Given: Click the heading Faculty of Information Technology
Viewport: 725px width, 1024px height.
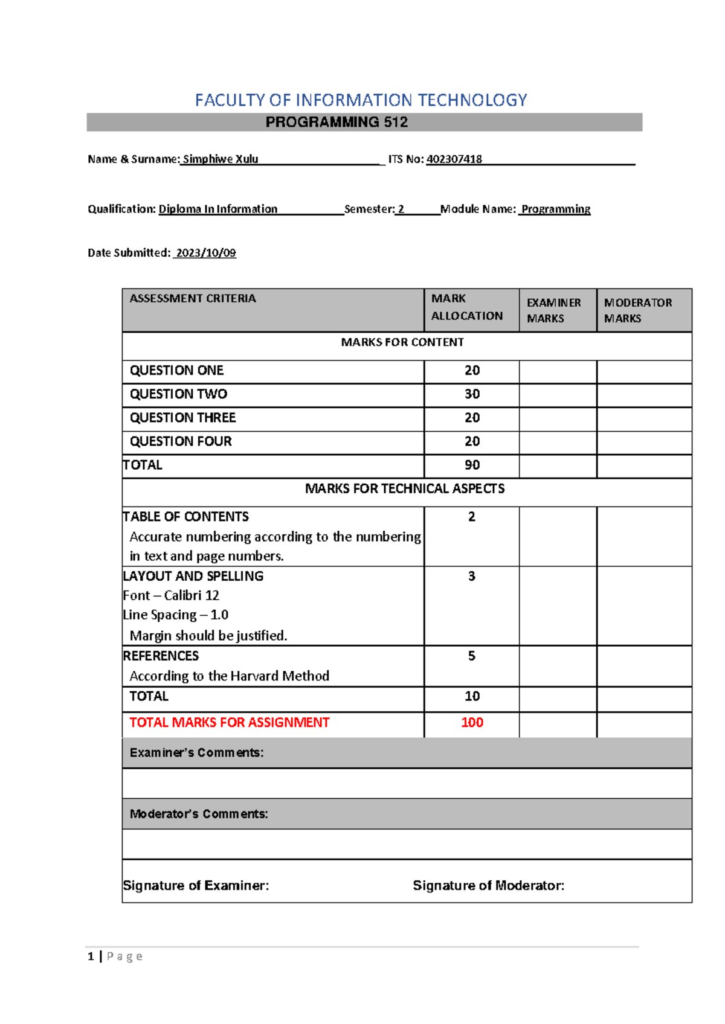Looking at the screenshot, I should click(x=361, y=100).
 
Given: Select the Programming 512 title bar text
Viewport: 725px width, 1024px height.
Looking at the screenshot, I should click(x=337, y=123).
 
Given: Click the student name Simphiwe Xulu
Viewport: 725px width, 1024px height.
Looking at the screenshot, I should click(x=221, y=159).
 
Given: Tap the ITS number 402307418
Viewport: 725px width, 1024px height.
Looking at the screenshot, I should click(x=454, y=159).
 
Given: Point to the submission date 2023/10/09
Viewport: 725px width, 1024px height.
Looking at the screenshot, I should click(x=205, y=253).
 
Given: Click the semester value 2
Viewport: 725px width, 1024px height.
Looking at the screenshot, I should click(x=401, y=209).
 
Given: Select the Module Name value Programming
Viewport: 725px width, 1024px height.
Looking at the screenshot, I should click(x=556, y=209).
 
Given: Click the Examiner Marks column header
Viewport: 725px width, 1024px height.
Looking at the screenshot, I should click(x=553, y=310).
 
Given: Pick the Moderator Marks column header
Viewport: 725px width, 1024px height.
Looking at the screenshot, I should click(x=637, y=310).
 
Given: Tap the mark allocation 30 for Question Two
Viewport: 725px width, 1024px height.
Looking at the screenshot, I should click(x=472, y=394).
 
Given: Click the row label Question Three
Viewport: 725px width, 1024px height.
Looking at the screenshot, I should click(x=182, y=418).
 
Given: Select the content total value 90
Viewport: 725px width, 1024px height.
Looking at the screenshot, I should click(x=472, y=465).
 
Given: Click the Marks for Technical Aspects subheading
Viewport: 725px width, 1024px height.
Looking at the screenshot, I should click(x=404, y=488).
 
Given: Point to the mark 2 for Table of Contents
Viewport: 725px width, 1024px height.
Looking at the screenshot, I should click(x=472, y=517).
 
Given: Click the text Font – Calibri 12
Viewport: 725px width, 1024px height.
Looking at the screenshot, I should click(x=171, y=595).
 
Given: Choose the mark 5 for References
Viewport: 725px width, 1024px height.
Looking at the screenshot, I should click(x=472, y=656).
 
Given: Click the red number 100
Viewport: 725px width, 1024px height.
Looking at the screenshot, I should click(x=472, y=723).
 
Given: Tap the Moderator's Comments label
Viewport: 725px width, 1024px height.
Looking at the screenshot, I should click(x=199, y=814).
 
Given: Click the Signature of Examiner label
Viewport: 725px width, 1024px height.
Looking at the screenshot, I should click(x=196, y=886).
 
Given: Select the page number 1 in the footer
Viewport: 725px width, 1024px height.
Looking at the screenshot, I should click(x=91, y=956).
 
